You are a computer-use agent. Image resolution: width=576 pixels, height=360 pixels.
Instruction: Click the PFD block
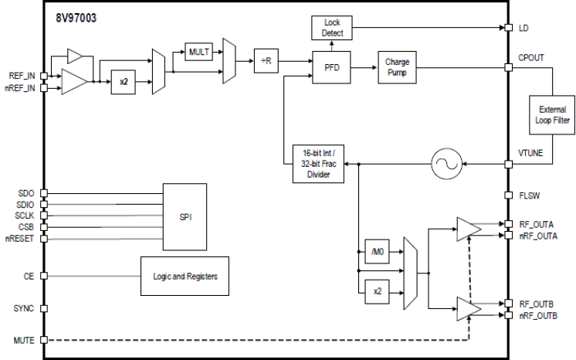click(x=331, y=67)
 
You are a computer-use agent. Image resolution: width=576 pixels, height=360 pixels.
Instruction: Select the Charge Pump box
click(x=397, y=67)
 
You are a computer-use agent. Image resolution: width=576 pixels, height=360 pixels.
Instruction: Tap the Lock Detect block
click(x=331, y=28)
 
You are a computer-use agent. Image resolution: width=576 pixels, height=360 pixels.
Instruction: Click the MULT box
click(x=198, y=53)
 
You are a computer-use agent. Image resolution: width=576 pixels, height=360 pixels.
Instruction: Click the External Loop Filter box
click(x=551, y=114)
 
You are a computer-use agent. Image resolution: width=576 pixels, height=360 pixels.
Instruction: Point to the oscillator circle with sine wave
click(x=445, y=164)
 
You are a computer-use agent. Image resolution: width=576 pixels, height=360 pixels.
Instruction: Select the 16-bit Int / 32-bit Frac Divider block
click(x=318, y=164)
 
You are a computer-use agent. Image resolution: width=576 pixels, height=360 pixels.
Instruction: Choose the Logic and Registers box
click(x=185, y=276)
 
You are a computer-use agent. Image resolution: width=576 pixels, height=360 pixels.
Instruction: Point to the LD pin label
click(x=524, y=28)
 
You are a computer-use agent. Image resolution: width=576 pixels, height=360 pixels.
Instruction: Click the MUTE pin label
click(x=23, y=340)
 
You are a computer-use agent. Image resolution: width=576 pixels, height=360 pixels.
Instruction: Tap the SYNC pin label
click(x=23, y=308)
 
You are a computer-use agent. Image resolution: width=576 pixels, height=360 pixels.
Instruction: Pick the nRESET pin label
click(x=20, y=239)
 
